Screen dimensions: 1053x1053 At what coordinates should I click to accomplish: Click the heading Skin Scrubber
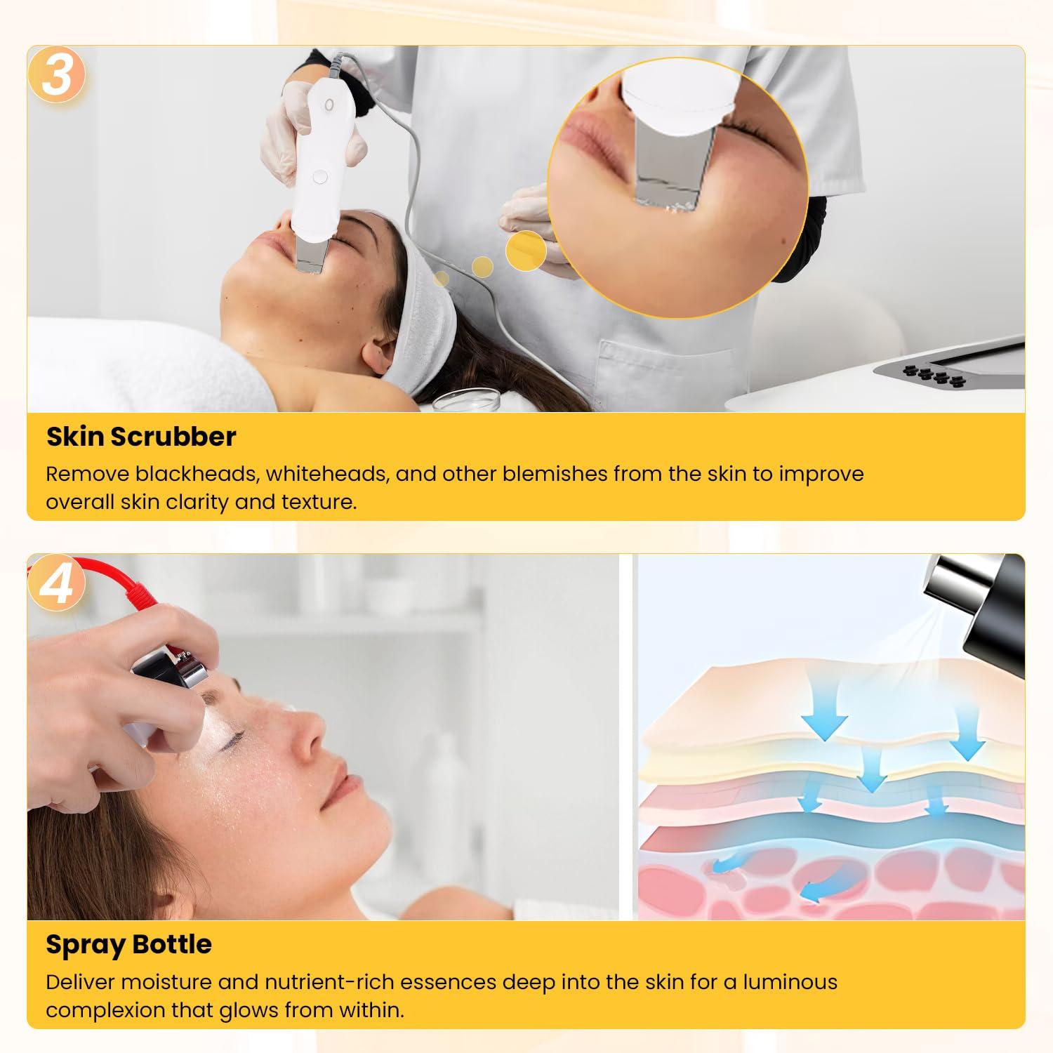click(x=141, y=437)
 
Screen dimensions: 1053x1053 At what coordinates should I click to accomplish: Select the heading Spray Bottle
click(x=128, y=944)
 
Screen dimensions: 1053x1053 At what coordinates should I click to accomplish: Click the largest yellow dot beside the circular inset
click(x=526, y=250)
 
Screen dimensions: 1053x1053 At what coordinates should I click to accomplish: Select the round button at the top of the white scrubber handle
click(x=329, y=105)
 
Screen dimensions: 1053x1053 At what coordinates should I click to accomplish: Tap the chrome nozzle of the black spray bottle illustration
click(x=951, y=582)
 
